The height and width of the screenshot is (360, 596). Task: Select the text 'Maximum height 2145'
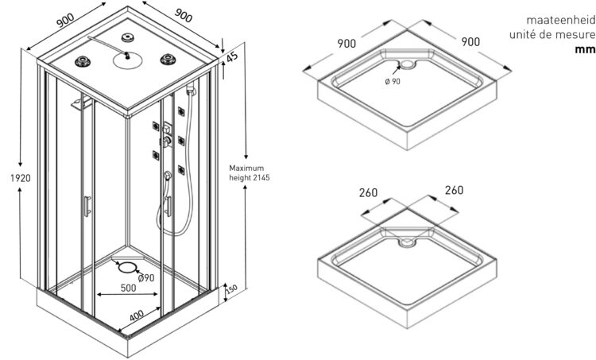coord(250,173)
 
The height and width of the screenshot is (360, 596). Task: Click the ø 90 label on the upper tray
coord(393,80)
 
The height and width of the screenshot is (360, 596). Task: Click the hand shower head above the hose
coord(168,175)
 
